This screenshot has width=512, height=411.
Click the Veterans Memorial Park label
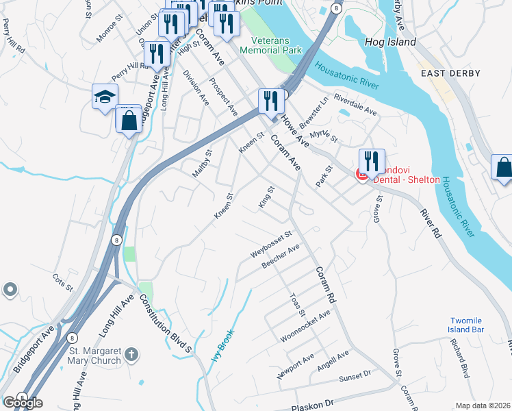(271, 45)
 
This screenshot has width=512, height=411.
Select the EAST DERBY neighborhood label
(450, 73)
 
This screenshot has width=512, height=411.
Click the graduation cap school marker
(105, 97)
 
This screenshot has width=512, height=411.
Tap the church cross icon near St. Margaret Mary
(132, 356)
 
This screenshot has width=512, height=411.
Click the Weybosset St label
(271, 245)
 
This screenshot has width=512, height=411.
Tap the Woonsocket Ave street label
(305, 326)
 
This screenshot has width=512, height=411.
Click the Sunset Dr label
(354, 376)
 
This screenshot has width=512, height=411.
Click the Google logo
(23, 402)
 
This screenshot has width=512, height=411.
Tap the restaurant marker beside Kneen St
(271, 101)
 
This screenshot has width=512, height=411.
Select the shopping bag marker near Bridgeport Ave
(128, 121)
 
